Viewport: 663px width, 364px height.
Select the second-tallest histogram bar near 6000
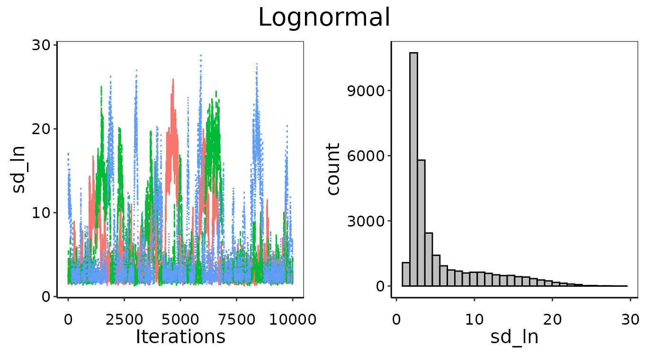[421, 223]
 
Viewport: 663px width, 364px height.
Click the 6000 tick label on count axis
[365, 156]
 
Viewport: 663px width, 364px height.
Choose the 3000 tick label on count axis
[365, 221]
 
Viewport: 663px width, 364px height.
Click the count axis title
[334, 169]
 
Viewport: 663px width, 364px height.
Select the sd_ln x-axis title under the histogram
[514, 337]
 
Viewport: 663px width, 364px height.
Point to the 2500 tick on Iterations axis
[124, 320]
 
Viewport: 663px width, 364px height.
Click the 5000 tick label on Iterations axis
[180, 320]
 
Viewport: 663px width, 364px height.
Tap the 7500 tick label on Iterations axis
[236, 320]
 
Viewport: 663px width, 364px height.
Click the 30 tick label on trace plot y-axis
[43, 45]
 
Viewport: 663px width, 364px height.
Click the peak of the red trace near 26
[173, 80]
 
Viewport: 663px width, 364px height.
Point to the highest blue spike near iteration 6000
[201, 55]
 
